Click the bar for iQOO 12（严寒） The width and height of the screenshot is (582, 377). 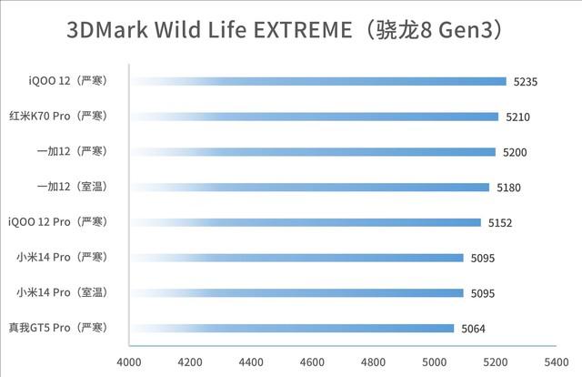tap(318, 81)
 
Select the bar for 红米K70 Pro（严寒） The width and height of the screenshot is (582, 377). tap(315, 117)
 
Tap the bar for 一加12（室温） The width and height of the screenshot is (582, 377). tap(310, 187)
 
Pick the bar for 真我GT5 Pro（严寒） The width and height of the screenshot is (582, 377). tap(292, 328)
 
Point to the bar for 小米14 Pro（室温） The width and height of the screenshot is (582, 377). tap(296, 292)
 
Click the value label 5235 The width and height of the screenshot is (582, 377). tap(526, 82)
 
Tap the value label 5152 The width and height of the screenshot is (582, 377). tap(500, 222)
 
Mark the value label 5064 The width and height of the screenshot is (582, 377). tap(474, 329)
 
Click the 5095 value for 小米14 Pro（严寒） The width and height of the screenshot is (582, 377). tap(483, 258)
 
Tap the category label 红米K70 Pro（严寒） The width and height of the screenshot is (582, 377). tap(58, 116)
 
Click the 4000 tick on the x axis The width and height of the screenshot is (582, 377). tap(129, 362)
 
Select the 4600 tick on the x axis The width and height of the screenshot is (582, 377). tap(313, 362)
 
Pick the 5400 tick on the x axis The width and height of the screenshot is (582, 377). tap(557, 362)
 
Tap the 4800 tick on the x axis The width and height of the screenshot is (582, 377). tap(374, 362)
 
